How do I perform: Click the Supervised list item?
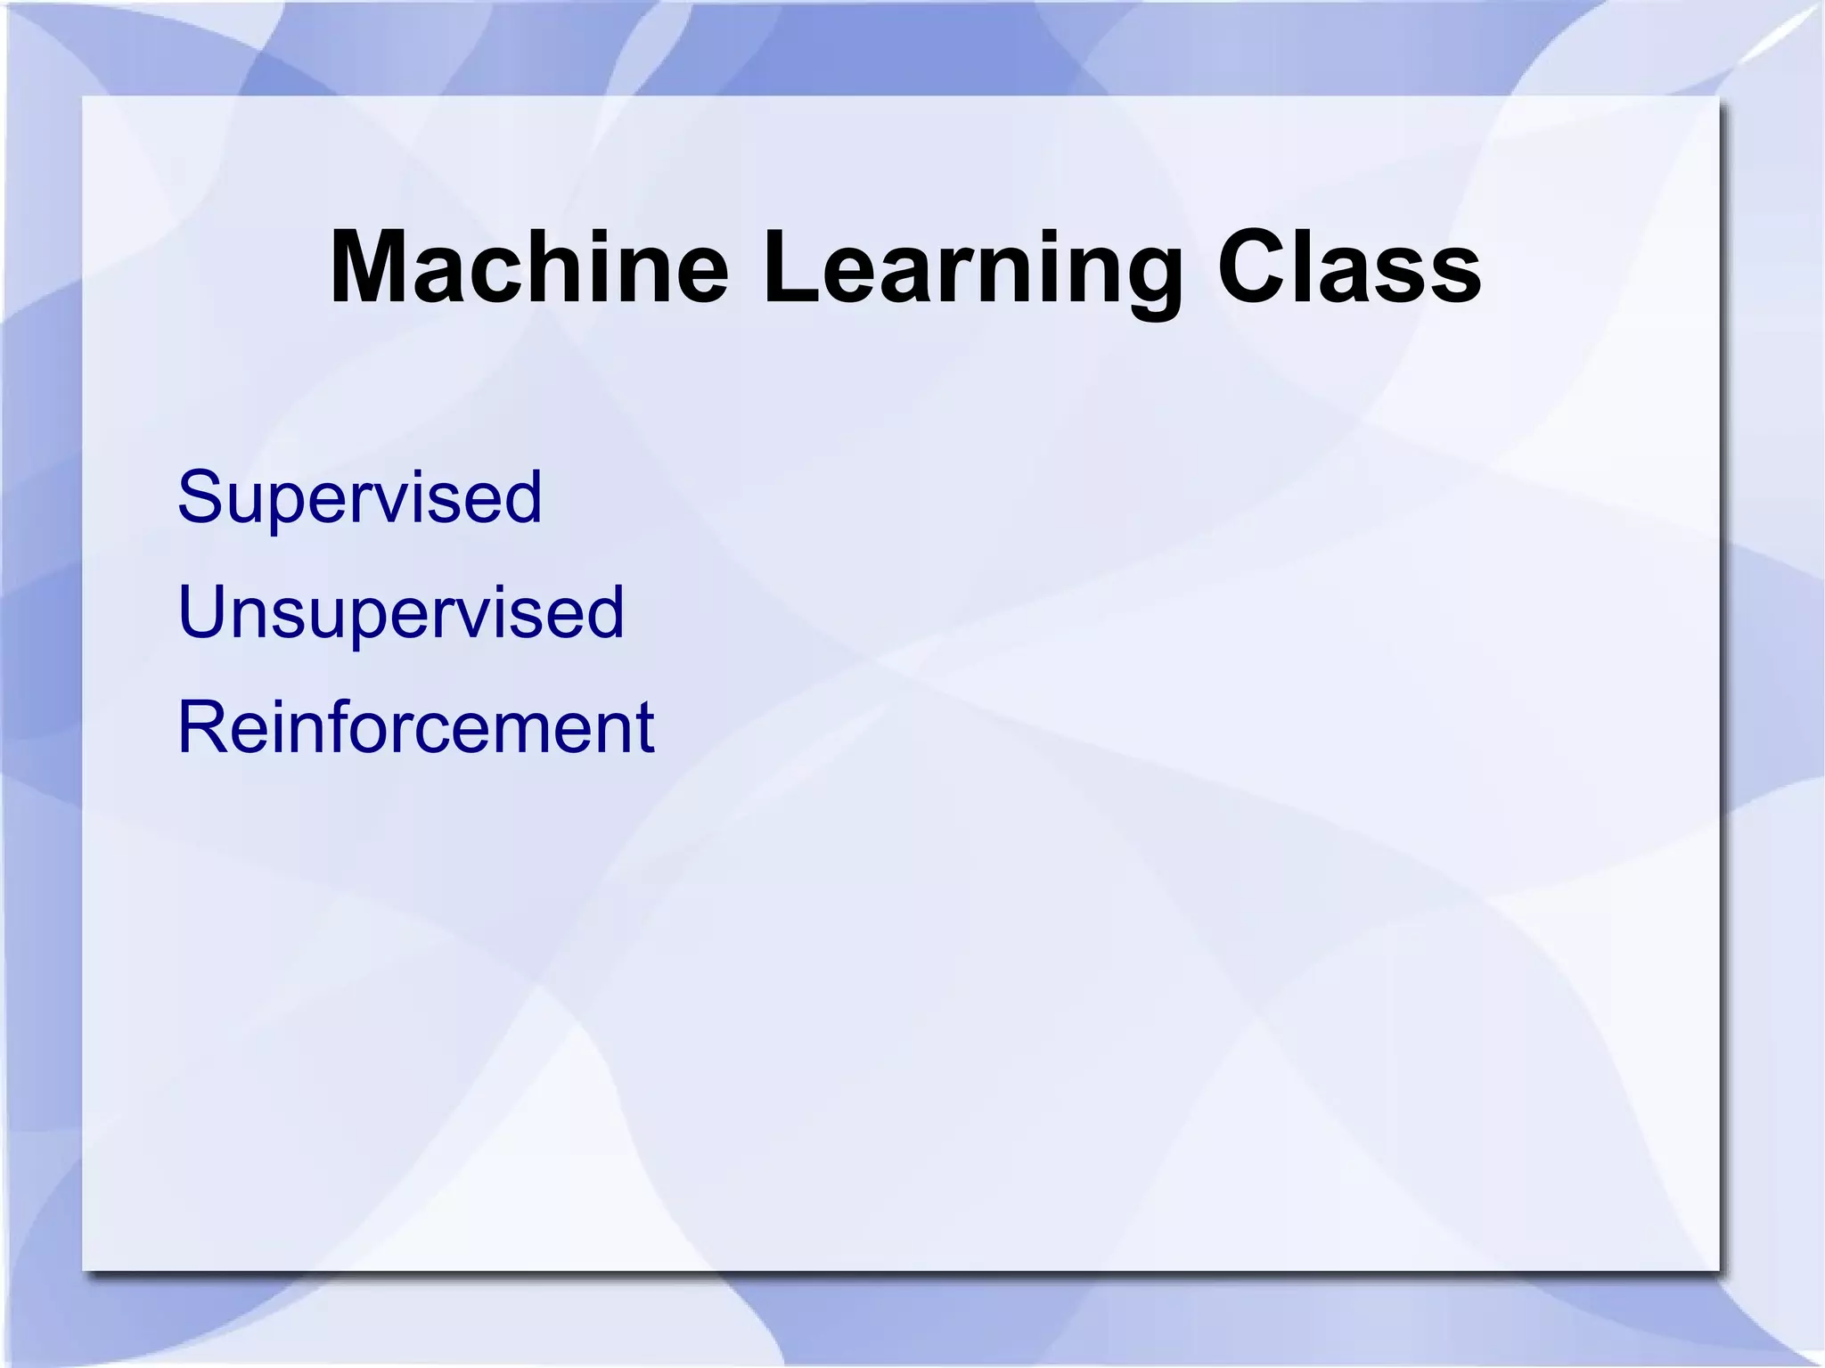[359, 497]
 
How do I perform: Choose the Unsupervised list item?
[401, 612]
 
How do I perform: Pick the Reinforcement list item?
[415, 727]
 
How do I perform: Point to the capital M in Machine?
[372, 268]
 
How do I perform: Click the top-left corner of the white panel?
[84, 96]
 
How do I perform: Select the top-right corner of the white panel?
[1718, 96]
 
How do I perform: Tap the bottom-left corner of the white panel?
[84, 1270]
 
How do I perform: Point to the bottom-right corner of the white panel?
[1718, 1270]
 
